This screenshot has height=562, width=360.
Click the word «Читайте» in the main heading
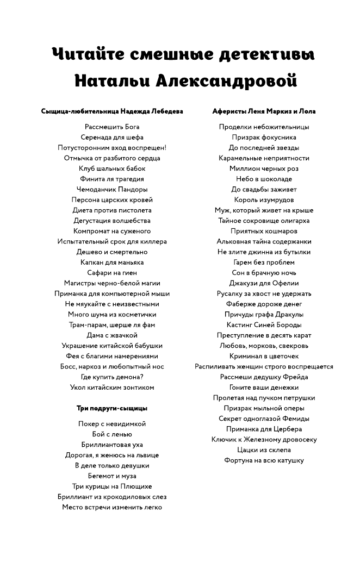click(88, 54)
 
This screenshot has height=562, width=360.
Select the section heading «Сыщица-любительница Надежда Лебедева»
click(112, 111)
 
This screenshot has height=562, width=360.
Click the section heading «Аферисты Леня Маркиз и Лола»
click(264, 111)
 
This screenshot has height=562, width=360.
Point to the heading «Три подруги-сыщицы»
click(112, 408)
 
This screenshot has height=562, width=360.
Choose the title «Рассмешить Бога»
click(112, 127)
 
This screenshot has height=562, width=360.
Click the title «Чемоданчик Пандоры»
click(112, 190)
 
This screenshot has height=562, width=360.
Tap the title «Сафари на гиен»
click(112, 273)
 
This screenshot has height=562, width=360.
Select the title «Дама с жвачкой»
click(112, 335)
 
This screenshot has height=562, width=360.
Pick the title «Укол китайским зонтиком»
click(112, 388)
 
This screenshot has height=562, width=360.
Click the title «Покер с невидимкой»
click(112, 424)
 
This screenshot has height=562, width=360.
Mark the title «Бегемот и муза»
click(112, 476)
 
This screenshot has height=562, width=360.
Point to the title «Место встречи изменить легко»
click(112, 507)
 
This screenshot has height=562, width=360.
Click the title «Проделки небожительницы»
click(264, 127)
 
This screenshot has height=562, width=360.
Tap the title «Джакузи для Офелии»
click(264, 283)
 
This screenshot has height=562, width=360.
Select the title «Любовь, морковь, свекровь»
click(264, 346)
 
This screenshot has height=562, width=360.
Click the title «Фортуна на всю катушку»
click(264, 460)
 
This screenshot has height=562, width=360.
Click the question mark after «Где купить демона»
click(141, 377)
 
